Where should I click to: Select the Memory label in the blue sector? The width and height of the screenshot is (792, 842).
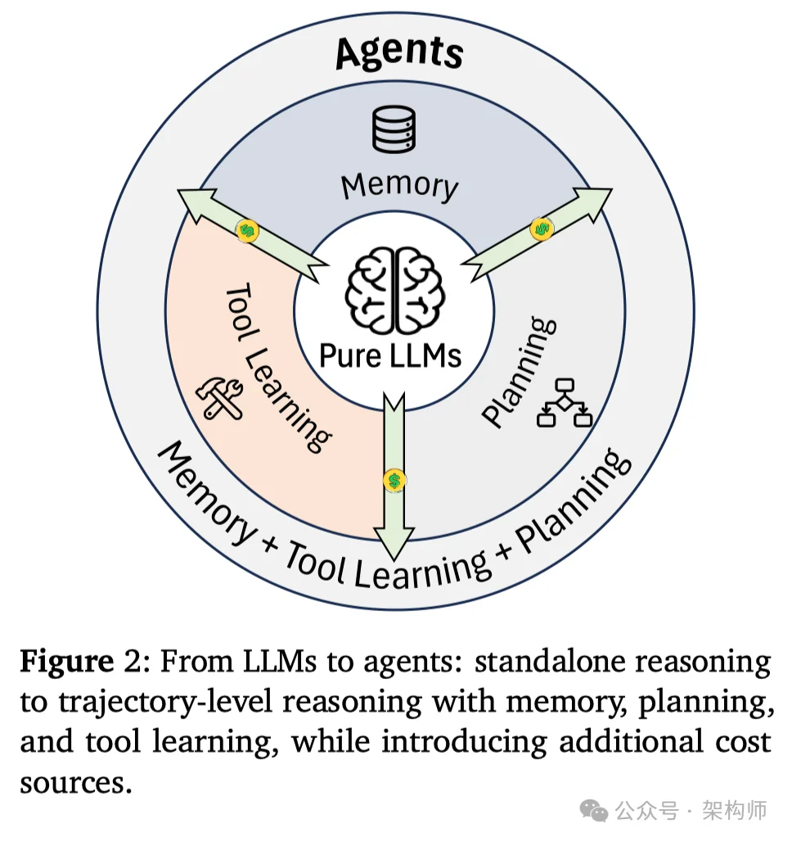tap(399, 185)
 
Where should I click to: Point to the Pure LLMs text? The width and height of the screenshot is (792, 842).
tap(390, 355)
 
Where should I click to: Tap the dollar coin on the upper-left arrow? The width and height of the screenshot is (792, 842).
tap(247, 231)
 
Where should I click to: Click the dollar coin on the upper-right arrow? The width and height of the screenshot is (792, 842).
tap(541, 229)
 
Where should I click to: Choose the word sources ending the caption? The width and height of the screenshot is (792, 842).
tap(75, 782)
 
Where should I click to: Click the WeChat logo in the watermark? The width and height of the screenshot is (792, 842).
tap(593, 810)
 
